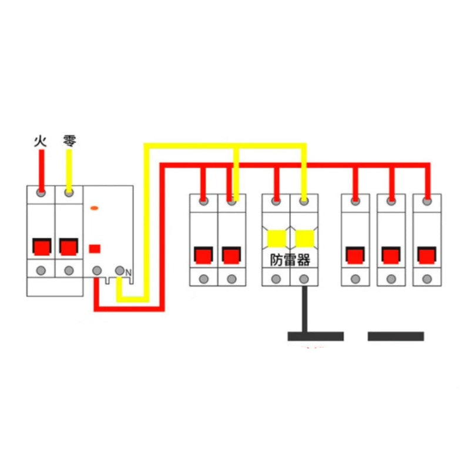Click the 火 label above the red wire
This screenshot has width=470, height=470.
pyautogui.click(x=41, y=141)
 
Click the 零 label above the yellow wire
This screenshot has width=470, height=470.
pyautogui.click(x=69, y=141)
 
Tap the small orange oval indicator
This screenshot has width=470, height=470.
pyautogui.click(x=94, y=208)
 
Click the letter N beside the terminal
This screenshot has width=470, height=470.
pyautogui.click(x=128, y=273)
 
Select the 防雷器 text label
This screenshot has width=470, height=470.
pyautogui.click(x=290, y=260)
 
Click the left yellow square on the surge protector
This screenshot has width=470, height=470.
pyautogui.click(x=276, y=239)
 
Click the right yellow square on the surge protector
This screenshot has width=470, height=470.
pyautogui.click(x=304, y=239)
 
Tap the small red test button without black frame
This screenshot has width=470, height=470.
pyautogui.click(x=95, y=249)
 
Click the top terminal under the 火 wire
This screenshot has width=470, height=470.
pyautogui.click(x=41, y=193)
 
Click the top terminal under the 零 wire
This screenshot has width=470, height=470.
pyautogui.click(x=69, y=193)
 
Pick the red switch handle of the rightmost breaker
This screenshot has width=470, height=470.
pyautogui.click(x=427, y=256)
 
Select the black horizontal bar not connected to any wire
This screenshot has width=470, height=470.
pyautogui.click(x=395, y=336)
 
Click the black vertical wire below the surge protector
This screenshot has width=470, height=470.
pyautogui.click(x=304, y=309)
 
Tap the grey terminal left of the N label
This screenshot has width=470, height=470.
pyautogui.click(x=120, y=271)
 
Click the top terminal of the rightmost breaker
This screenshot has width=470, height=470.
pyautogui.click(x=427, y=201)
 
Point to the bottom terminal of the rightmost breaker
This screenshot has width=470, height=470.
pyautogui.click(x=427, y=279)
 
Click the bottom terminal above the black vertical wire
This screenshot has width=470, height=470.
pyautogui.click(x=304, y=279)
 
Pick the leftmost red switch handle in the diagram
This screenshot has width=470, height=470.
pyautogui.click(x=42, y=247)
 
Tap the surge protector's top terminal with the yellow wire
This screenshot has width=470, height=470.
pyautogui.click(x=304, y=201)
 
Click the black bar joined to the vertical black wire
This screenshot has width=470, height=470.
pyautogui.click(x=315, y=336)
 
